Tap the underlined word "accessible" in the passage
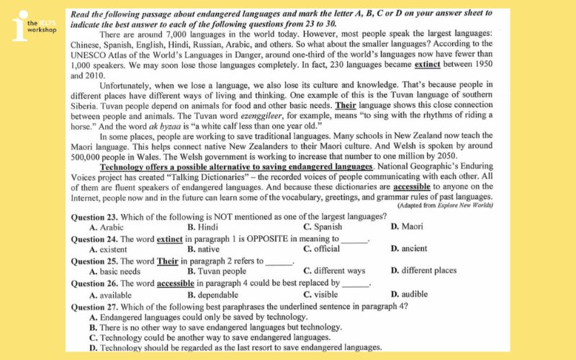click(413, 186)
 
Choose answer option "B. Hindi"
click(203, 227)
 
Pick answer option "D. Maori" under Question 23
click(407, 227)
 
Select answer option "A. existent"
click(112, 249)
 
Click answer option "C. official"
click(321, 249)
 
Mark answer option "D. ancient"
click(408, 249)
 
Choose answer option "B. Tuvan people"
click(216, 271)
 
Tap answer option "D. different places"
click(423, 271)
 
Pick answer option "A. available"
click(113, 294)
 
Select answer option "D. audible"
click(408, 294)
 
